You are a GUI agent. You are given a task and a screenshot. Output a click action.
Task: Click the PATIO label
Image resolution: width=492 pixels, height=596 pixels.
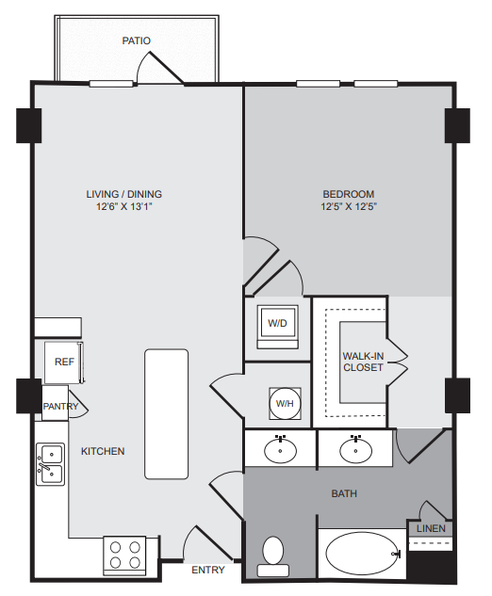137,41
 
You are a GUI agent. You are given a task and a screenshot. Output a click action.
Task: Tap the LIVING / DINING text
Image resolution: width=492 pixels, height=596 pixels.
124,194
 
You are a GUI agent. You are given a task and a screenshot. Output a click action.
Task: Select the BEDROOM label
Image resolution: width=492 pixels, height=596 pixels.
347,194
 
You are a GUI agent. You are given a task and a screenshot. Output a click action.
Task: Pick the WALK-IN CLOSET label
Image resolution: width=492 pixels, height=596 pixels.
363,362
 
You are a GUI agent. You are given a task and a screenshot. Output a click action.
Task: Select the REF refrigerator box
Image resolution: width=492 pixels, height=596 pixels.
64,362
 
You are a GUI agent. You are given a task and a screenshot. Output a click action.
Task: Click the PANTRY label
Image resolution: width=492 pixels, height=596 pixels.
59,407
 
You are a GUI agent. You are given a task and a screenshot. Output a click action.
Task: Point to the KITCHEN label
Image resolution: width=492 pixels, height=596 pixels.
103,451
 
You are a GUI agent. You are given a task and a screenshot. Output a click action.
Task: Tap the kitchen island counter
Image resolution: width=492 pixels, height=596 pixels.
166,415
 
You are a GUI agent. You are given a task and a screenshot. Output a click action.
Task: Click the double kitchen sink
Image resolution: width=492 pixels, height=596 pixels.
50,463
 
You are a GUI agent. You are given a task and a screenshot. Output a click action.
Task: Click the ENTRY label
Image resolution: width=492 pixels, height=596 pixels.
207,571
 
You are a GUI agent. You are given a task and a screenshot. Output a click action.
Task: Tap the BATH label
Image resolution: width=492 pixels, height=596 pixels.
343,493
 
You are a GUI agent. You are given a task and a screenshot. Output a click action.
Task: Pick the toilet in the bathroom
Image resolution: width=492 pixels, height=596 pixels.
273,556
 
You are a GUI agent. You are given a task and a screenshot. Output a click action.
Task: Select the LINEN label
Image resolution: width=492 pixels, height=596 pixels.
430,529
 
